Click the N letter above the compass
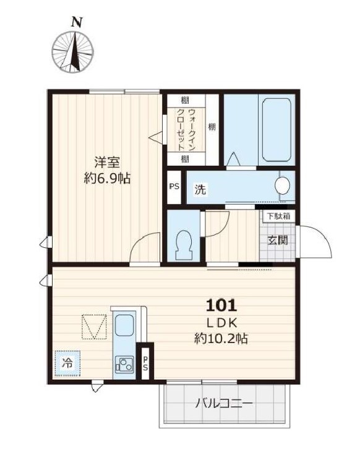(76, 22)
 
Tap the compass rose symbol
(72, 52)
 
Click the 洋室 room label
(107, 163)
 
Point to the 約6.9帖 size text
(107, 179)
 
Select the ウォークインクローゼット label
(186, 130)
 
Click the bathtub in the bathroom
(276, 130)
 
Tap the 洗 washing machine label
(200, 189)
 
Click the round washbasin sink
(282, 185)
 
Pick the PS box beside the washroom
(174, 187)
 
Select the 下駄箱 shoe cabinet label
(278, 216)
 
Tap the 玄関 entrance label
(277, 240)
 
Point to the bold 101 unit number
(221, 305)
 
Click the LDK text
(221, 323)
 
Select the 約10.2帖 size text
(221, 339)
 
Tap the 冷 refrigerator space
(67, 363)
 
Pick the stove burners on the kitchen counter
(124, 365)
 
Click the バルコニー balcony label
(224, 404)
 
